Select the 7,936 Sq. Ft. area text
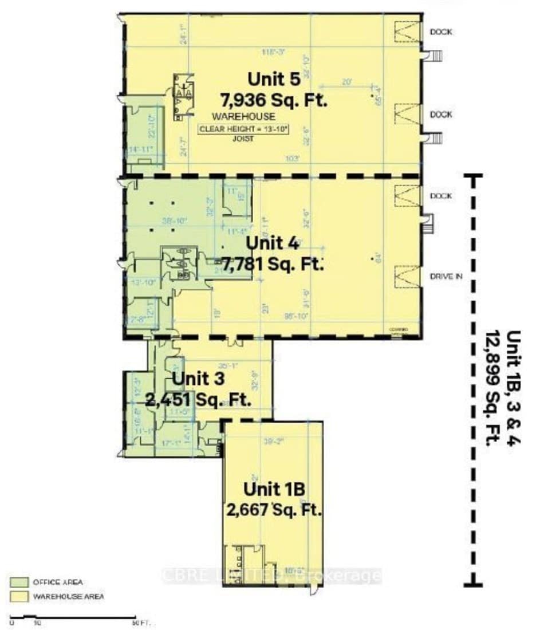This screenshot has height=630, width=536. [274, 101]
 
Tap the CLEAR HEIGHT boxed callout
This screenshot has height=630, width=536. [243, 129]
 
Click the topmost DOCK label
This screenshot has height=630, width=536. [440, 32]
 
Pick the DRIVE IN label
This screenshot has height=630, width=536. [444, 277]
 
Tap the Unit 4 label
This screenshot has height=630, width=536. [272, 243]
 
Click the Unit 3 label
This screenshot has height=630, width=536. [198, 379]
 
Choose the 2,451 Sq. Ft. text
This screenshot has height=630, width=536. [198, 400]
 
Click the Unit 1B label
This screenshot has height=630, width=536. [273, 489]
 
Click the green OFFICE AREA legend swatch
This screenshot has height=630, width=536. [18, 582]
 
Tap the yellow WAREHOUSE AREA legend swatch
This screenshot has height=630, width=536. [18, 596]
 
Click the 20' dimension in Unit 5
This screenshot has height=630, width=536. [346, 82]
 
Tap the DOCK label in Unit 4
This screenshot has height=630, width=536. [440, 196]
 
